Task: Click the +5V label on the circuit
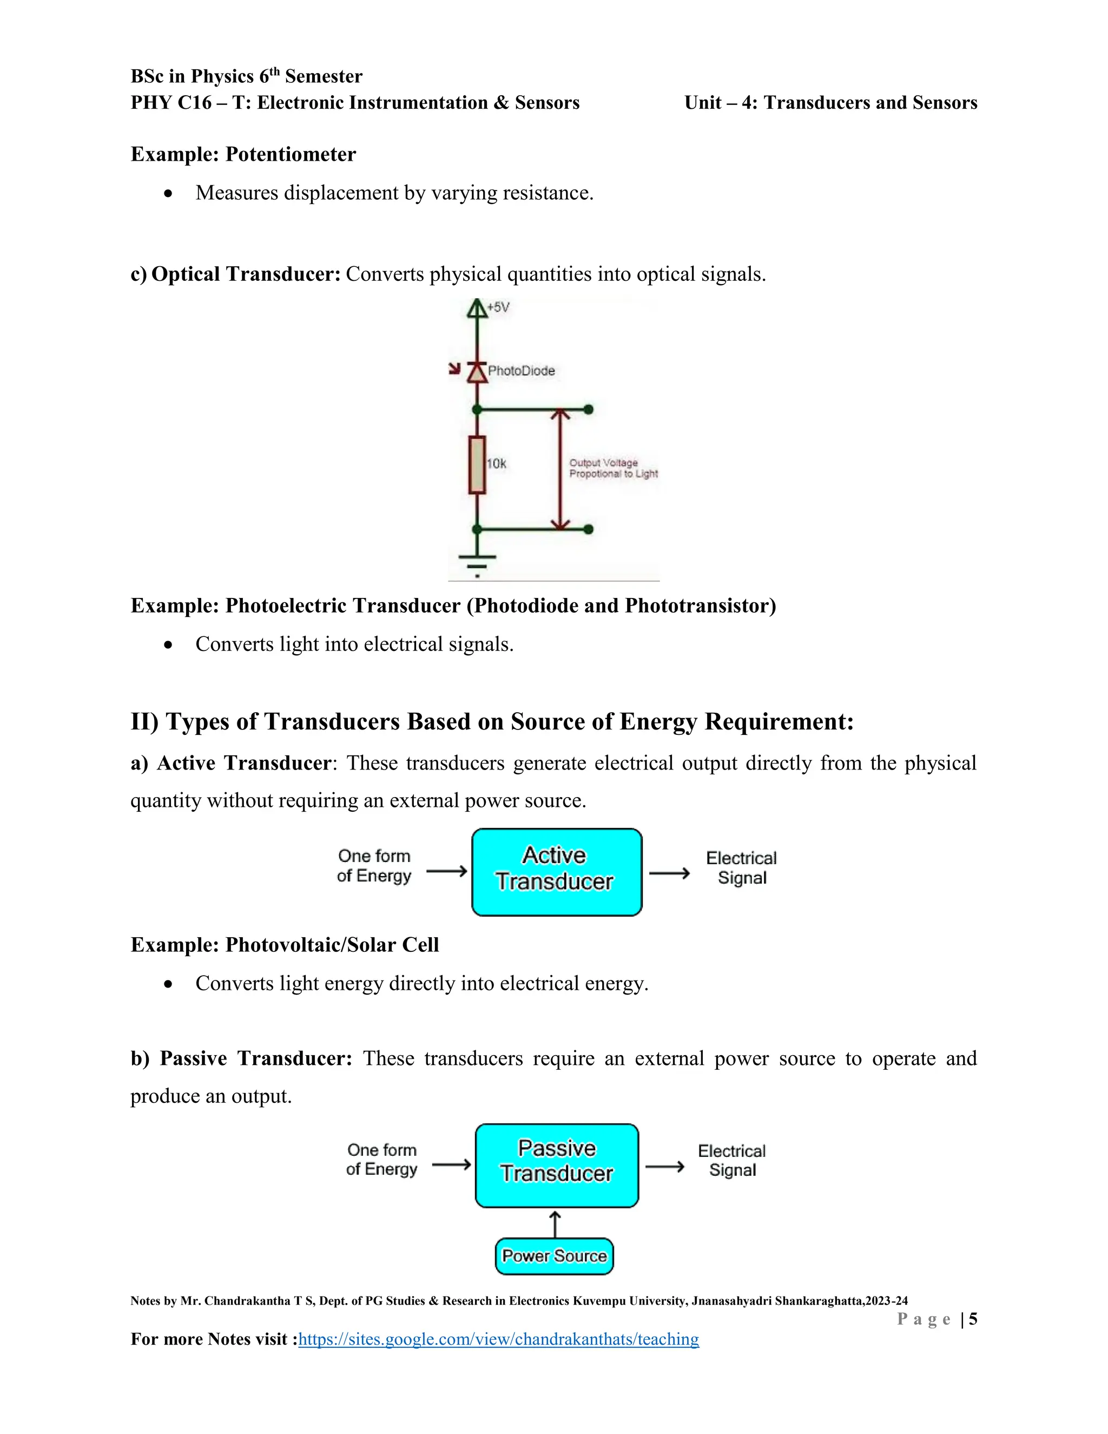(498, 307)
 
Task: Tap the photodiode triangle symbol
(477, 372)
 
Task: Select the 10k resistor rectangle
(477, 464)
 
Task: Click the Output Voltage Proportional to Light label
(612, 468)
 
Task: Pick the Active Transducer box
(557, 872)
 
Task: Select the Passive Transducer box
(557, 1166)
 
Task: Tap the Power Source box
(554, 1256)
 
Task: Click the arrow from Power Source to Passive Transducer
(555, 1224)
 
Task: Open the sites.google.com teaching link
(498, 1339)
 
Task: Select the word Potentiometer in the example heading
(290, 154)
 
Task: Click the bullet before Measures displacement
(169, 194)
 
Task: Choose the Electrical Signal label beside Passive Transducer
(732, 1160)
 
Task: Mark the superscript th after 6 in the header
(274, 71)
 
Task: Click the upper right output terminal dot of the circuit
(589, 410)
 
